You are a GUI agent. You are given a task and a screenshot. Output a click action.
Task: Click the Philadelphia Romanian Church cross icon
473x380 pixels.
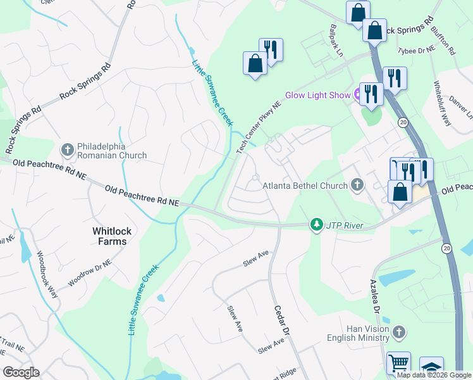[68, 149]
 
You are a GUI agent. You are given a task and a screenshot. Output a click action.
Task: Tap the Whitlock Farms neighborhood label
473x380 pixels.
[109, 236]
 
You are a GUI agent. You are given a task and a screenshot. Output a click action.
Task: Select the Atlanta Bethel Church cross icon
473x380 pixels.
[357, 185]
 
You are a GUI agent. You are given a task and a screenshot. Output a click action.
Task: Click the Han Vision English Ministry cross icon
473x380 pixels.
[398, 332]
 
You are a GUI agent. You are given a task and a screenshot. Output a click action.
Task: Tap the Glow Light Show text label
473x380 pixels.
[317, 95]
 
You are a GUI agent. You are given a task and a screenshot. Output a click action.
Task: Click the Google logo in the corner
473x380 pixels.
[21, 372]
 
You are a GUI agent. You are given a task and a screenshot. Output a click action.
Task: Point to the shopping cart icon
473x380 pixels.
[398, 363]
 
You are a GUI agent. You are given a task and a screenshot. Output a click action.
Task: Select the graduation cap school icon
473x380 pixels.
[431, 367]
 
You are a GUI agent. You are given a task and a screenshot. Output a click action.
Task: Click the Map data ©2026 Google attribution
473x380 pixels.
[433, 375]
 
